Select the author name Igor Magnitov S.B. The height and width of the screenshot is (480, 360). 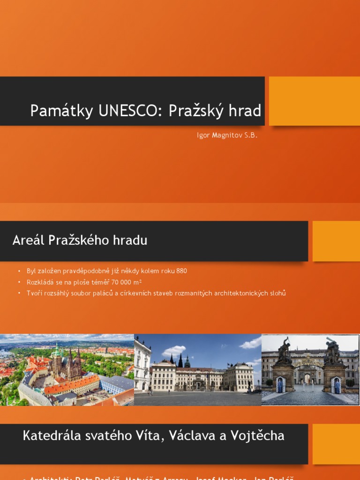pyautogui.click(x=227, y=135)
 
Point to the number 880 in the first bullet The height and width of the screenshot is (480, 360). pyautogui.click(x=181, y=271)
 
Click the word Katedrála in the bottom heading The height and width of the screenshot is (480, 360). pyautogui.click(x=50, y=435)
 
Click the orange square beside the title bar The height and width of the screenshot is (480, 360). pyautogui.click(x=315, y=101)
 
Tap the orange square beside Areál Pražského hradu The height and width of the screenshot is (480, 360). pyautogui.click(x=336, y=241)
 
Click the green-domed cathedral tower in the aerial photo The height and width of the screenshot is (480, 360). pyautogui.click(x=57, y=351)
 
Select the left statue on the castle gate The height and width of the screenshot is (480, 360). pyautogui.click(x=284, y=350)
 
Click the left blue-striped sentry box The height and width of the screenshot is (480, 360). pyautogui.click(x=280, y=385)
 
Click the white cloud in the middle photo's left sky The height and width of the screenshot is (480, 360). pyautogui.click(x=173, y=350)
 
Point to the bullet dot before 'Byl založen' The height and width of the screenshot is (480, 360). pyautogui.click(x=20, y=271)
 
